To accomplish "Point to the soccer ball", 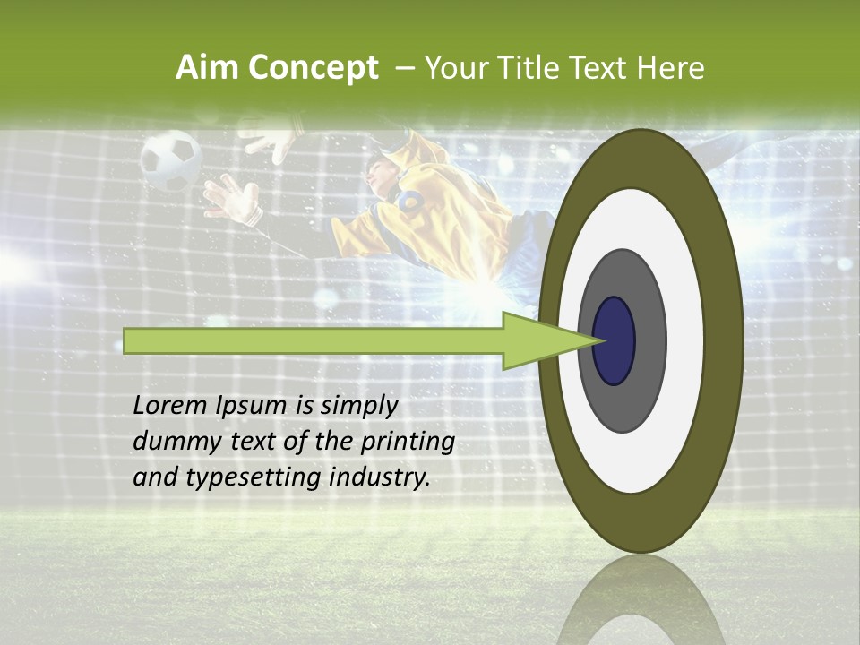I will (x=170, y=159).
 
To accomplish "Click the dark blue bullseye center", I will (x=615, y=340).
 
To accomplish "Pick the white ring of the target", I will (x=681, y=340).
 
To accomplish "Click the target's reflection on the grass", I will (x=641, y=605).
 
